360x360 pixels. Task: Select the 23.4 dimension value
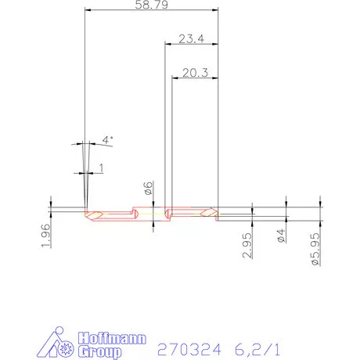pyautogui.click(x=192, y=38)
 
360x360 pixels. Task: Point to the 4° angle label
pyautogui.click(x=107, y=140)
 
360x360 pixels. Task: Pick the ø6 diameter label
pyautogui.click(x=147, y=188)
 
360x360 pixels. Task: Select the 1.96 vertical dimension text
pyautogui.click(x=45, y=235)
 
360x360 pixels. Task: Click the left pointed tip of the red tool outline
pyautogui.click(x=85, y=213)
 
